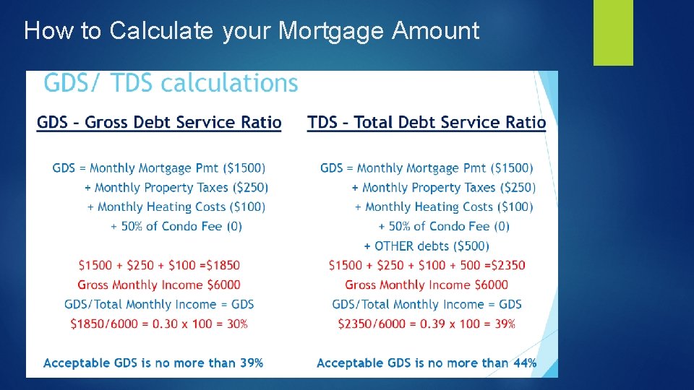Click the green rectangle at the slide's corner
(x=613, y=32)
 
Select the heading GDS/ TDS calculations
(x=171, y=84)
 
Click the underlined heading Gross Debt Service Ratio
(x=159, y=123)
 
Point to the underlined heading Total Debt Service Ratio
(x=427, y=123)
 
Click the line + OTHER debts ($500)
(x=427, y=246)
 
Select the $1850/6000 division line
(x=159, y=324)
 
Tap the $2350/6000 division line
(x=427, y=324)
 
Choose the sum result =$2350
(x=501, y=266)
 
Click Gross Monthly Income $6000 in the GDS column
(x=159, y=285)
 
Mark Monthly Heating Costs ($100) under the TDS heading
(x=449, y=207)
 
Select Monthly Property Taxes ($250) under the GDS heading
(x=181, y=188)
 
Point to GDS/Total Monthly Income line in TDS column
(x=427, y=305)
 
